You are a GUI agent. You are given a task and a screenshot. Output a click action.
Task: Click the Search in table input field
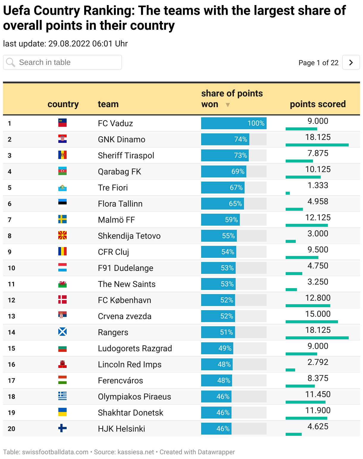(x=62, y=62)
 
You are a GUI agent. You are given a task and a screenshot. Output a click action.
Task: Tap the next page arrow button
(x=351, y=62)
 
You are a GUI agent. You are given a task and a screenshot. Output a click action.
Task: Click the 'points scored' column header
(x=317, y=104)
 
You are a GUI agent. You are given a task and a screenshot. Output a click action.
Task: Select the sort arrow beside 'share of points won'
(x=228, y=105)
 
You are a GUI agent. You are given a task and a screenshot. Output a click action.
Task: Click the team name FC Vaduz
(x=115, y=123)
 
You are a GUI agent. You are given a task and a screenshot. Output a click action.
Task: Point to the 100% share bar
(x=234, y=123)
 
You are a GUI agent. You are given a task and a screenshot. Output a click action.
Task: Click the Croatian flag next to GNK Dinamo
(x=62, y=139)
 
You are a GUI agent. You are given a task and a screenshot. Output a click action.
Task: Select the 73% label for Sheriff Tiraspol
(x=240, y=155)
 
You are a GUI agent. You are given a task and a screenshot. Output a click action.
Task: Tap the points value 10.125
(x=317, y=169)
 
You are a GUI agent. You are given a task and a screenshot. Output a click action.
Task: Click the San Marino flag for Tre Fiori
(x=62, y=188)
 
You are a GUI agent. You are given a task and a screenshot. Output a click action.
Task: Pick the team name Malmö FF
(x=116, y=220)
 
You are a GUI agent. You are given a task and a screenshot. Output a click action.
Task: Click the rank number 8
(x=10, y=236)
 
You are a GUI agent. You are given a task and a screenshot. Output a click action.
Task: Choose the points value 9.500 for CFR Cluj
(x=317, y=250)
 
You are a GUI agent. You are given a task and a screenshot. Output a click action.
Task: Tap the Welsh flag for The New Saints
(x=62, y=284)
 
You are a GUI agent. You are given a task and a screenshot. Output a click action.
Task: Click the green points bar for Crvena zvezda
(x=312, y=322)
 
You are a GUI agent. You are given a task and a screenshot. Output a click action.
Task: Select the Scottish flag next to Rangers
(x=62, y=332)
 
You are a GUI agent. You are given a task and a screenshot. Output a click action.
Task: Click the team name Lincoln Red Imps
(x=129, y=364)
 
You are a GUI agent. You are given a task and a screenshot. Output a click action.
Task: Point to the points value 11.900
(x=317, y=410)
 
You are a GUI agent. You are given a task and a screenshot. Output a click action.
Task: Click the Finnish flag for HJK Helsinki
(x=62, y=428)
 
